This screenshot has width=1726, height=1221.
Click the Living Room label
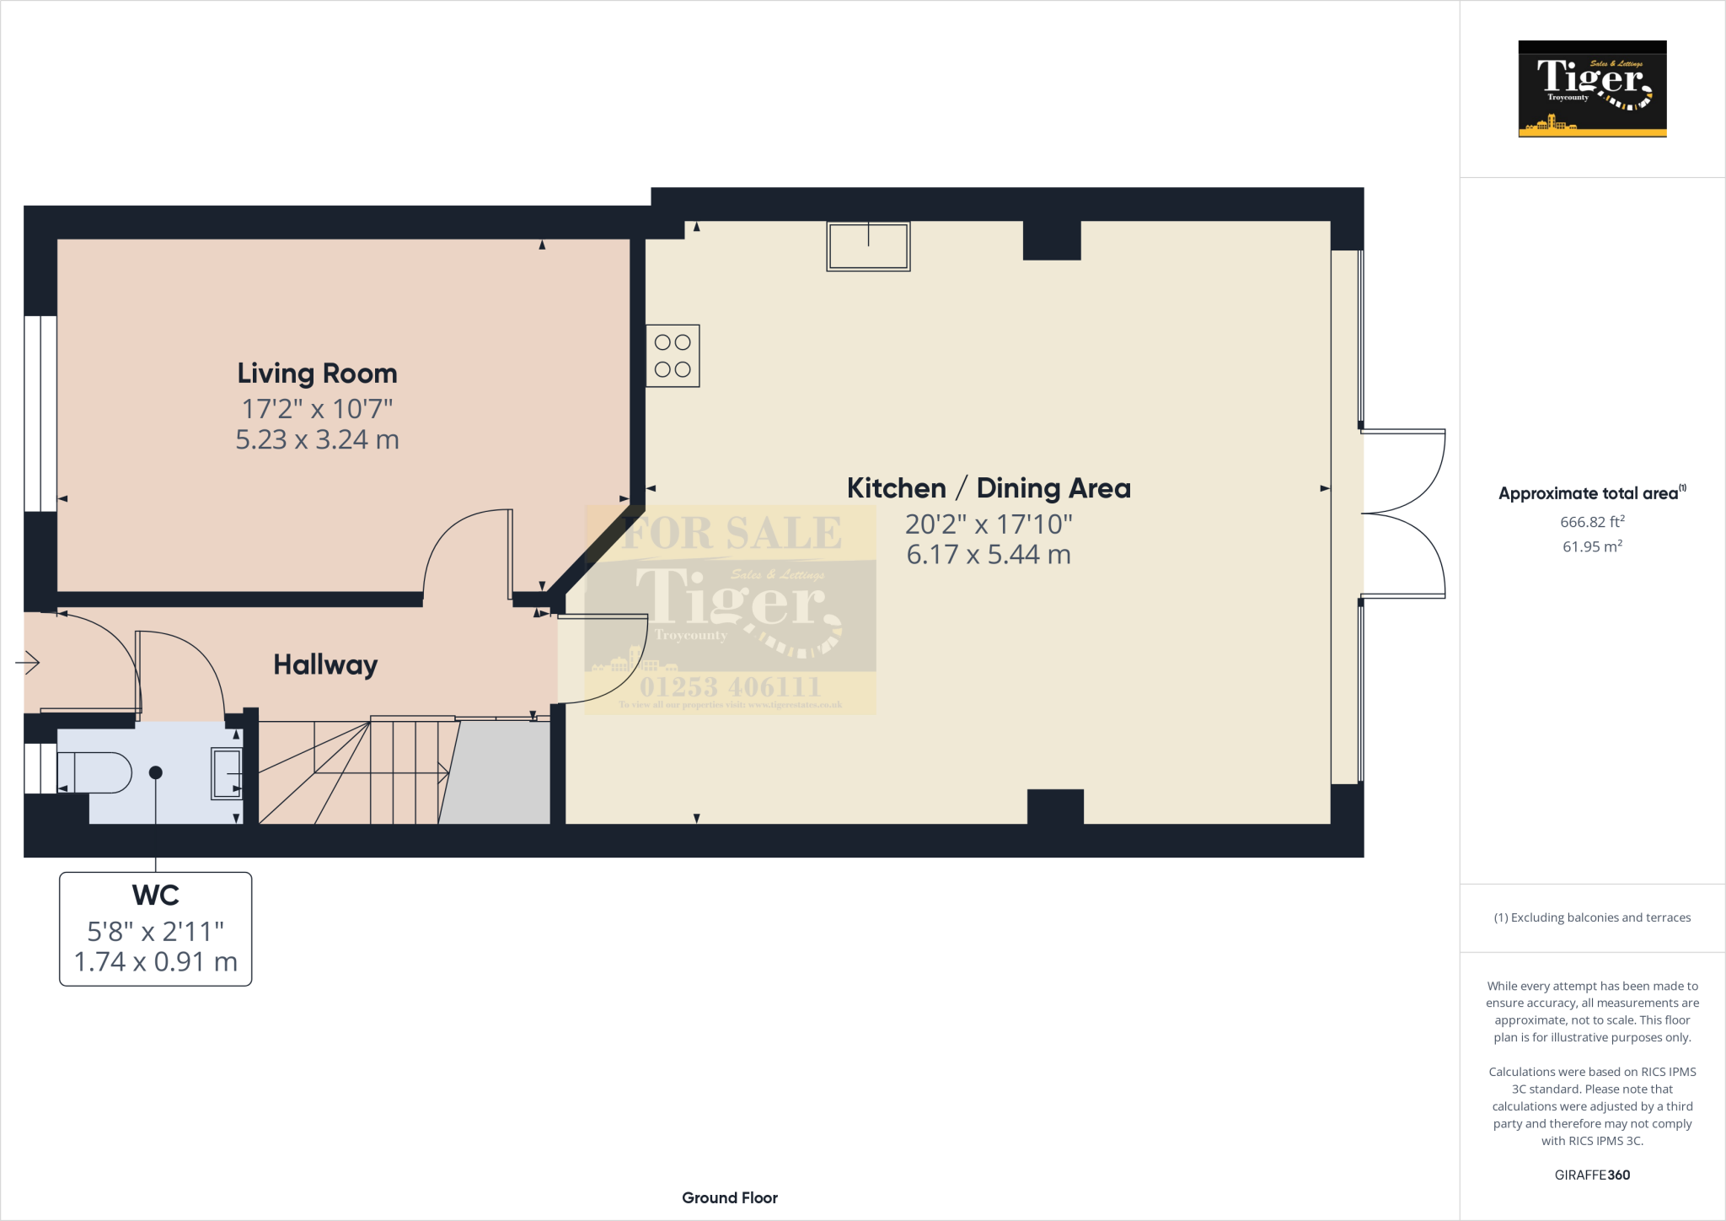pyautogui.click(x=317, y=374)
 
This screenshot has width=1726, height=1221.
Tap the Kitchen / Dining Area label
pyautogui.click(x=988, y=488)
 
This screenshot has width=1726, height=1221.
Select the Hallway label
pyautogui.click(x=325, y=664)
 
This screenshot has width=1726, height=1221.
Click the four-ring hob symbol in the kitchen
pyautogui.click(x=673, y=356)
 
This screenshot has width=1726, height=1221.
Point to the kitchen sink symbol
pyautogui.click(x=868, y=246)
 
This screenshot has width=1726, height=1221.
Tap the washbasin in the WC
pyautogui.click(x=226, y=773)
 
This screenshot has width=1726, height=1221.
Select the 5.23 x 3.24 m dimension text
pyautogui.click(x=317, y=439)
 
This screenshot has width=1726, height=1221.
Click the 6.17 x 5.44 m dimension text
pyautogui.click(x=988, y=555)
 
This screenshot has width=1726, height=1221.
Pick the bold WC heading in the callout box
pyautogui.click(x=156, y=895)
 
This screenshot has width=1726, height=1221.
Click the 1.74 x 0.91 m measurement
pyautogui.click(x=156, y=961)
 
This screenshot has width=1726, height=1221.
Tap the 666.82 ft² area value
pyautogui.click(x=1591, y=522)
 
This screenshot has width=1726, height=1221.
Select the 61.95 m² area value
pyautogui.click(x=1591, y=546)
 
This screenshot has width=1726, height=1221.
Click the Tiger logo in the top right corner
pyautogui.click(x=1592, y=89)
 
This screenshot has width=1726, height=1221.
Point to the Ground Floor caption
pyautogui.click(x=729, y=1197)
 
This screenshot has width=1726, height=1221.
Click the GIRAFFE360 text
pyautogui.click(x=1591, y=1175)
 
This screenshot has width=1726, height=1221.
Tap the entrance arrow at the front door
pyautogui.click(x=28, y=663)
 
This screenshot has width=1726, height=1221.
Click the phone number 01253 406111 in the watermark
pyautogui.click(x=730, y=686)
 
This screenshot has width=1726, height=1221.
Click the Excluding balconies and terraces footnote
pyautogui.click(x=1592, y=917)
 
